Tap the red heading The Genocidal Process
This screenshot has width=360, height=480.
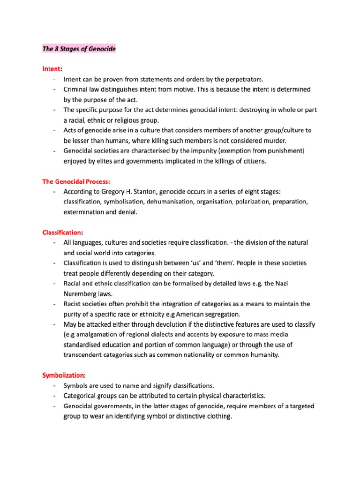click(76, 181)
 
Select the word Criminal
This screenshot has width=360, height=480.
click(77, 89)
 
